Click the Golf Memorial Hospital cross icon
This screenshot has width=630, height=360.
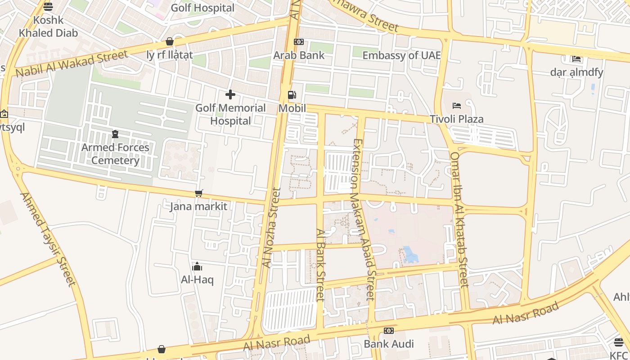[230, 94]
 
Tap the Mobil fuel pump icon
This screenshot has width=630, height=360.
[292, 95]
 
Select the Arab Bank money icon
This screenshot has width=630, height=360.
[299, 42]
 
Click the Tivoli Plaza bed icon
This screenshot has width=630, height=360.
[457, 106]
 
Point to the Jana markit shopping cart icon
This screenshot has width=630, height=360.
[198, 193]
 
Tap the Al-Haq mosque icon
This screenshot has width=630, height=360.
[197, 266]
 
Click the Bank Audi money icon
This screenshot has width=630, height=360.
[389, 331]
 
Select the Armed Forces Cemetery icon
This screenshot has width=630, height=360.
[115, 134]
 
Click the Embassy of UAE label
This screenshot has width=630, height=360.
[401, 55]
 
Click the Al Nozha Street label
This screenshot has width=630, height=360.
[271, 228]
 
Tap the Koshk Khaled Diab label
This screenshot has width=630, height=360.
[48, 27]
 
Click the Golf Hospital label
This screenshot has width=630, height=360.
[202, 8]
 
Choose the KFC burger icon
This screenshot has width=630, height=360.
[619, 342]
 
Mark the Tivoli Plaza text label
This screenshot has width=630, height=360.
[457, 119]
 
